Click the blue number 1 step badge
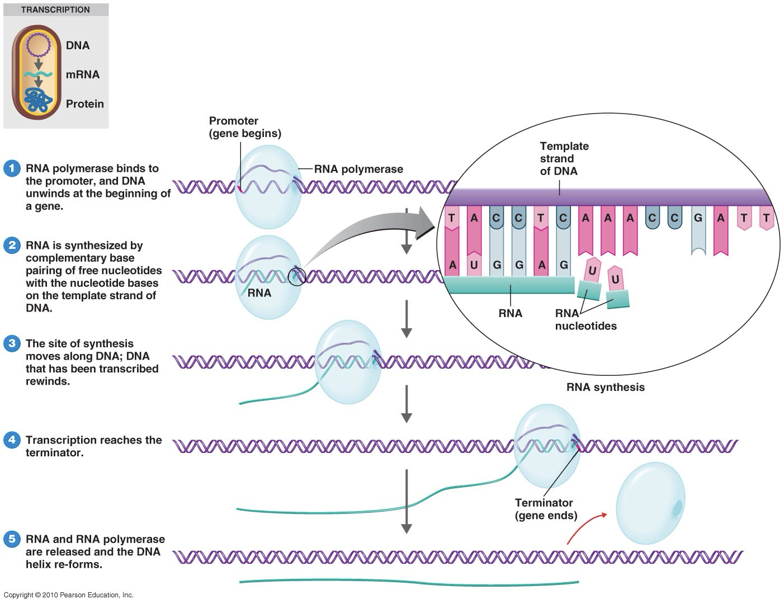12,168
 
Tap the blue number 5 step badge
12,539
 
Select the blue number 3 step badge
12,343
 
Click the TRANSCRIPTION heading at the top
55,10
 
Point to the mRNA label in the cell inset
82,74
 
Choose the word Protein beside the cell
84,103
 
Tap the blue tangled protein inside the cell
39,101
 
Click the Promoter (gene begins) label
245,127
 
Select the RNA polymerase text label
358,169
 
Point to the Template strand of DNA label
564,158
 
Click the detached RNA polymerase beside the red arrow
650,503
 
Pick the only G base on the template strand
698,219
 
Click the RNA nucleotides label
585,319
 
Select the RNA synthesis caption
605,387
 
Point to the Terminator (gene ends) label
545,509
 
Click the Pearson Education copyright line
69,595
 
